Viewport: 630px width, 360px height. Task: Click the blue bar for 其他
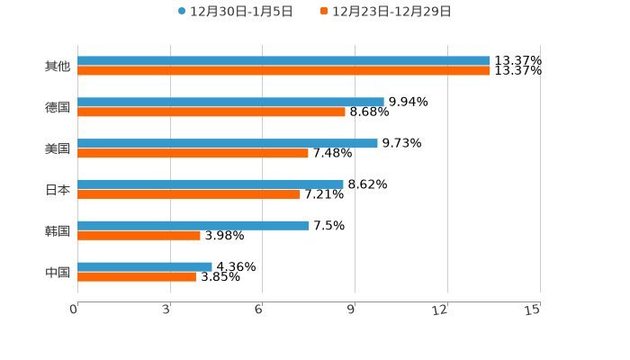click(x=283, y=61)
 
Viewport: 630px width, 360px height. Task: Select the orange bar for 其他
click(x=283, y=71)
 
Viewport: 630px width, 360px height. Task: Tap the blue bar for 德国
click(x=230, y=103)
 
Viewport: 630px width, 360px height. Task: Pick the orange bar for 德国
click(x=211, y=112)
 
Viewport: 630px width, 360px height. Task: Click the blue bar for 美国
click(x=228, y=143)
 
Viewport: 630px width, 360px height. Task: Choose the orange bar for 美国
click(x=193, y=153)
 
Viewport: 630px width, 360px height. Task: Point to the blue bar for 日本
click(x=211, y=184)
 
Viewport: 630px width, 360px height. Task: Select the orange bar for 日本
click(x=189, y=193)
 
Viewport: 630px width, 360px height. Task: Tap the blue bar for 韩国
click(x=193, y=225)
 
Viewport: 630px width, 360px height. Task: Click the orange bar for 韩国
click(x=139, y=235)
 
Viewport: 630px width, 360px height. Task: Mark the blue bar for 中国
click(x=145, y=266)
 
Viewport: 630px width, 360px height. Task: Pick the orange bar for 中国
click(x=137, y=276)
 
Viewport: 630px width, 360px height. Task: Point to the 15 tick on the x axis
click(x=533, y=310)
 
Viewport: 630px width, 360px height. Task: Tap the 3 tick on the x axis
click(x=166, y=310)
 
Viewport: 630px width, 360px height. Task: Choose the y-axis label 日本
click(x=58, y=190)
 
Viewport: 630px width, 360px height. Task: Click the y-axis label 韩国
click(x=58, y=230)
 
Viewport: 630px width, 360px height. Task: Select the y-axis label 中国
click(x=58, y=272)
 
